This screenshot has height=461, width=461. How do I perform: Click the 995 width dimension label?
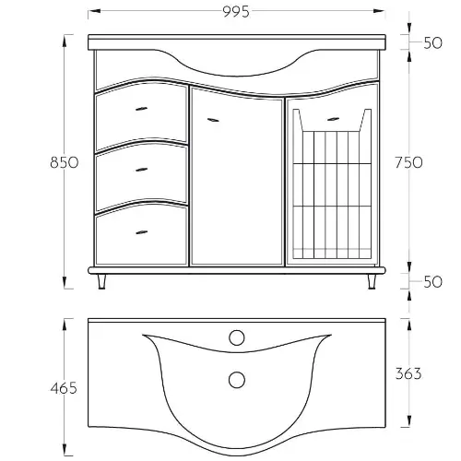[x=236, y=12]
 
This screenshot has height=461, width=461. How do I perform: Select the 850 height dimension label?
[x=65, y=162]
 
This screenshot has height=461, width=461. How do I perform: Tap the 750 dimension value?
[x=408, y=162]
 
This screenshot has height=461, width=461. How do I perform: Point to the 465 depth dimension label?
[x=64, y=388]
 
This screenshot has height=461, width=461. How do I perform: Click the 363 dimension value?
[x=408, y=373]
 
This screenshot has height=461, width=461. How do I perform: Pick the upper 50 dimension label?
[x=432, y=42]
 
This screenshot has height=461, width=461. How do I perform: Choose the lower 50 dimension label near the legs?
[x=432, y=281]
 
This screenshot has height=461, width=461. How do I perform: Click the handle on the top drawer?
[x=141, y=109]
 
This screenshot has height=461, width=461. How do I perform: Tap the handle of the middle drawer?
[x=141, y=170]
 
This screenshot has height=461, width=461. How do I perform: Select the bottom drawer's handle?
[x=141, y=232]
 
